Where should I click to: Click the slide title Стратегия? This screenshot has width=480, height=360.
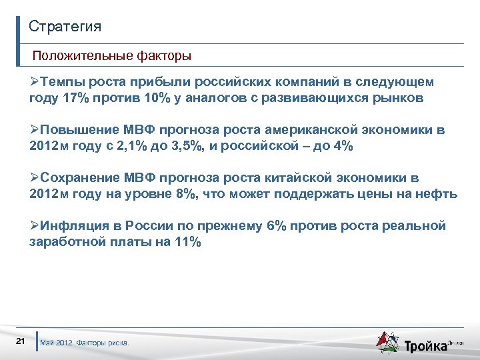(65, 27)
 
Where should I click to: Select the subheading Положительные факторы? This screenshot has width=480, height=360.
(111, 56)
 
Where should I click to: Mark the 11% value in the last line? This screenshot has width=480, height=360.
(187, 243)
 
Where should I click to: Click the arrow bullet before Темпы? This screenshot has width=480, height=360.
(35, 82)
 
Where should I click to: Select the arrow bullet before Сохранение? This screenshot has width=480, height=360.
(35, 178)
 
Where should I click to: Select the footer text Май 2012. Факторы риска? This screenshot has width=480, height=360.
(85, 343)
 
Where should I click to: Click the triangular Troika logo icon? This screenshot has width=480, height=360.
(388, 341)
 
